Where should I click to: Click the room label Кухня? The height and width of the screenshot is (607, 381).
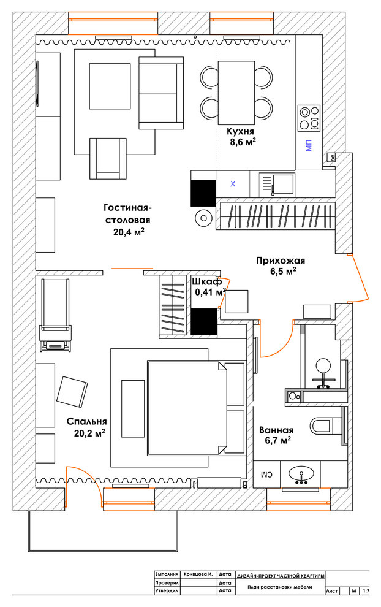tap(240, 131)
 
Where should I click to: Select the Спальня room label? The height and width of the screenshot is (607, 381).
tap(86, 422)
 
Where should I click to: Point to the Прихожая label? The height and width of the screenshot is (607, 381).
tap(281, 261)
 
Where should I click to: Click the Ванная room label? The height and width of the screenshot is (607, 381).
tap(276, 430)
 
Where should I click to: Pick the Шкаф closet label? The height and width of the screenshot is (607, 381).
tap(206, 281)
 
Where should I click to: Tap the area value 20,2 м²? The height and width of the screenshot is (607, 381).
tap(90, 433)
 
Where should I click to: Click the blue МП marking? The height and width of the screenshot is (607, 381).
tap(308, 146)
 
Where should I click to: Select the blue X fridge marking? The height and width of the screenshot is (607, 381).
tap(233, 185)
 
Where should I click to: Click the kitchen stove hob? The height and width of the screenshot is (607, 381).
tap(309, 118)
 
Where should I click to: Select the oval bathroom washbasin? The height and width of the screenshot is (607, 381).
tap(301, 473)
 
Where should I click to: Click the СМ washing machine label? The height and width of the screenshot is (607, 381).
tap(267, 473)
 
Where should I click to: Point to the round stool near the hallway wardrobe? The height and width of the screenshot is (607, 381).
tap(203, 218)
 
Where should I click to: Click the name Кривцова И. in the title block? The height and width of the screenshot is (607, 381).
tap(198, 575)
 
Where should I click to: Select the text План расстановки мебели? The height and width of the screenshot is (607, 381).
tap(280, 587)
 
